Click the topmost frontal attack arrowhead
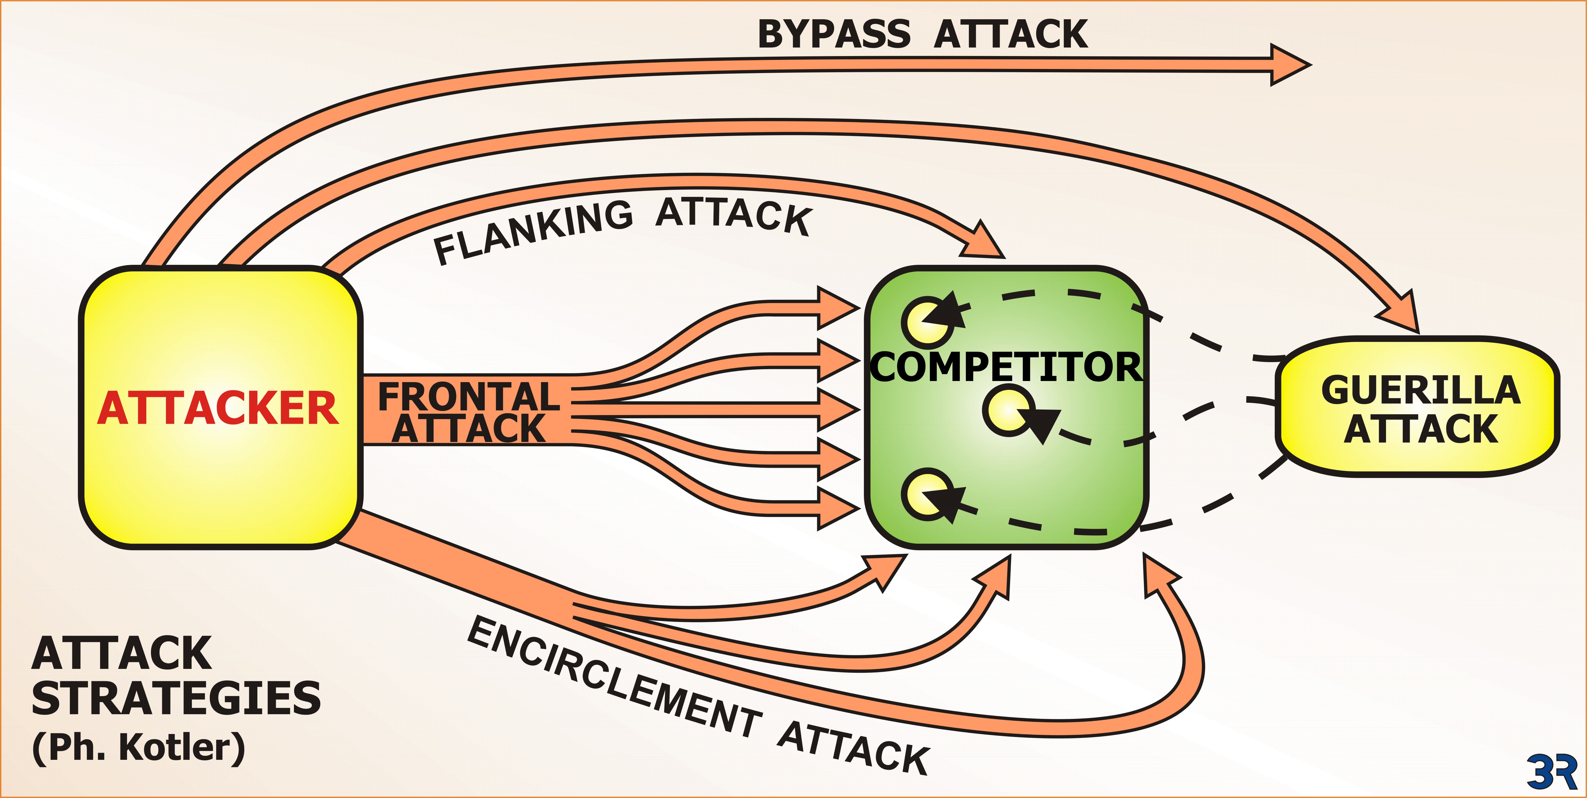(838, 307)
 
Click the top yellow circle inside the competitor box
(925, 321)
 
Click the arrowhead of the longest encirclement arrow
(1158, 576)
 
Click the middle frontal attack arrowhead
(838, 409)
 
